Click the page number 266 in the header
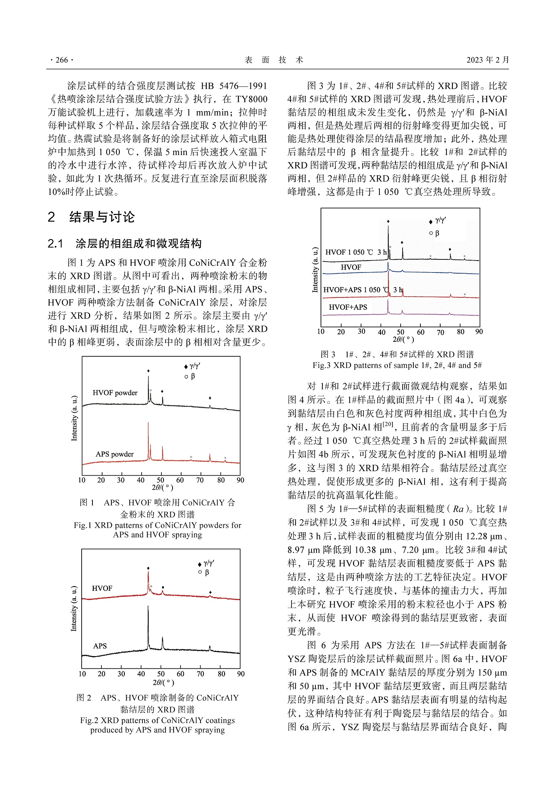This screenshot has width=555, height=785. tap(62, 60)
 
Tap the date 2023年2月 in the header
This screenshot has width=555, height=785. tap(487, 60)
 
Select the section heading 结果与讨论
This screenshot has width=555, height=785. tap(102, 217)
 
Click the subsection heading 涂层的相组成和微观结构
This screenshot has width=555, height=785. tap(138, 244)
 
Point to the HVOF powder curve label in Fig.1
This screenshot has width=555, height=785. tap(115, 392)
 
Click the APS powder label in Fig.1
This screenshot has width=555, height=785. tap(114, 454)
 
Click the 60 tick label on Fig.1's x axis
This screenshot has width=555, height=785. tap(180, 480)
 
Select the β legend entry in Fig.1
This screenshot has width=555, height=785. tap(190, 376)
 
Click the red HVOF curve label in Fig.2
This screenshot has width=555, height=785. tap(102, 588)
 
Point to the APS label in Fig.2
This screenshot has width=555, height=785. tap(100, 646)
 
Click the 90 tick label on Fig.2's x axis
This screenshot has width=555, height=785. tap(241, 674)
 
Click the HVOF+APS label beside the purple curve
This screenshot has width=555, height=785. tap(347, 307)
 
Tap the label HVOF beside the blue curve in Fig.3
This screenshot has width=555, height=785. tap(351, 267)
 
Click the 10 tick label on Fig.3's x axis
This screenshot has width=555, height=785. tap(321, 331)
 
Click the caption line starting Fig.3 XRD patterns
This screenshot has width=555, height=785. tap(397, 365)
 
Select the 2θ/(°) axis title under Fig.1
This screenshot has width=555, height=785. tap(162, 487)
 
